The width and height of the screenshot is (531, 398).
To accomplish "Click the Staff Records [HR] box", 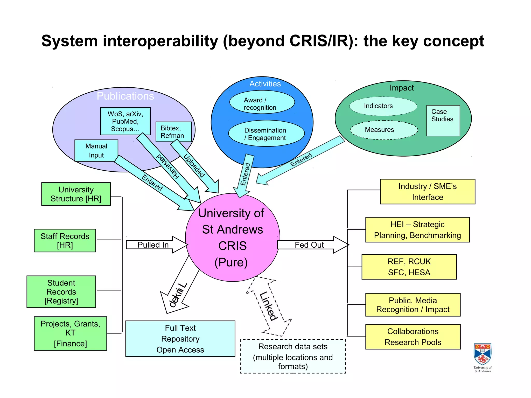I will (x=65, y=241).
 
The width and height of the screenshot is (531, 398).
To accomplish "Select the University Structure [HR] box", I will (x=76, y=194).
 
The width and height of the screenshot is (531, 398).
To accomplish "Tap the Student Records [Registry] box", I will (x=61, y=292).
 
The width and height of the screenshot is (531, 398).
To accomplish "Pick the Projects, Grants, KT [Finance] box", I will (x=70, y=333).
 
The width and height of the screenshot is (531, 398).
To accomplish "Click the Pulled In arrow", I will (x=156, y=245).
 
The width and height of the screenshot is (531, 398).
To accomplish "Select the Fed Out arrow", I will (x=311, y=245).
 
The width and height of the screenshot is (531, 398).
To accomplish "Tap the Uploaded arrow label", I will (x=194, y=165).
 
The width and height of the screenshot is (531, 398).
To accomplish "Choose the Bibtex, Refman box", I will (x=173, y=132).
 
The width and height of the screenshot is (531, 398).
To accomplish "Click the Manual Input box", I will (x=96, y=151).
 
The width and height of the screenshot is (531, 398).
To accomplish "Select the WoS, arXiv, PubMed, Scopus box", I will (x=125, y=121).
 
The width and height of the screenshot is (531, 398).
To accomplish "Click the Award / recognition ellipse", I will (x=262, y=102).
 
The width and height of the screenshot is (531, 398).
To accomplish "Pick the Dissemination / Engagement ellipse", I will (x=266, y=134).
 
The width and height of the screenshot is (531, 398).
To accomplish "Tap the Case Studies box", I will (x=443, y=121).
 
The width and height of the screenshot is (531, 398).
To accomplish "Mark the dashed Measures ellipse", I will (x=384, y=130).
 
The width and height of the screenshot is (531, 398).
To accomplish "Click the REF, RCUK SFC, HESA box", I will (x=409, y=267).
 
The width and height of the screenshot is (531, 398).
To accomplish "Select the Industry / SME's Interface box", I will (x=427, y=192).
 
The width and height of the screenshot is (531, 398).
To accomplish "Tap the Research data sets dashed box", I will (x=293, y=356).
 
